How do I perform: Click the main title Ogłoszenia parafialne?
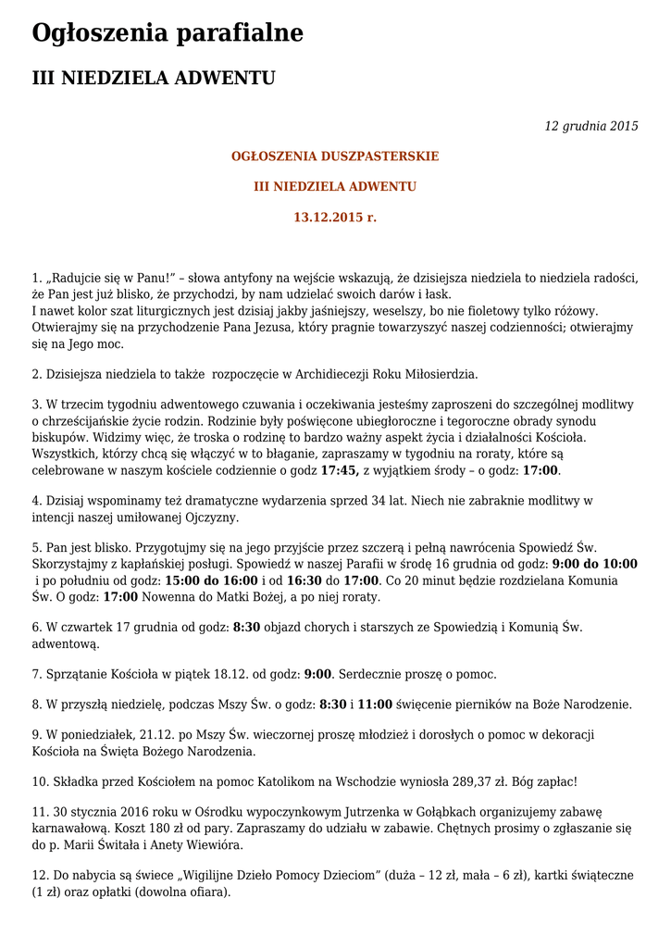[x=168, y=33]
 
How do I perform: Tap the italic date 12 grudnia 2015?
[x=591, y=126]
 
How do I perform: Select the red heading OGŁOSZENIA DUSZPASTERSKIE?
[x=335, y=156]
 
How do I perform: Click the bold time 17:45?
[x=340, y=470]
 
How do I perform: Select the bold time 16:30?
[x=306, y=580]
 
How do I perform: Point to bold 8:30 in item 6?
[x=246, y=627]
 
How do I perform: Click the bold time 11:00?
[x=375, y=704]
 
